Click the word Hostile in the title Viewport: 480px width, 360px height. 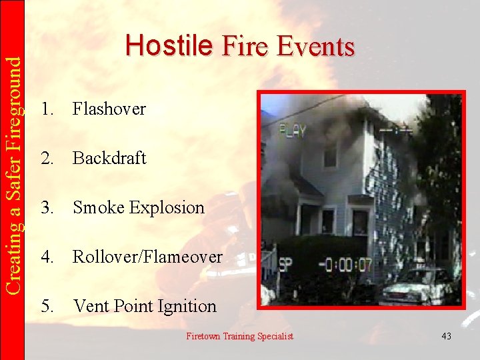pos(168,45)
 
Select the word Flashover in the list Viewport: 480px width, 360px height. pos(109,109)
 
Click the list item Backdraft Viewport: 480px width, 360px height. pos(109,158)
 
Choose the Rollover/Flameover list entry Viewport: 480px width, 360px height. pos(147,257)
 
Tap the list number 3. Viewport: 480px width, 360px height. pos(46,207)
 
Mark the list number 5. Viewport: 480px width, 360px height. pos(46,306)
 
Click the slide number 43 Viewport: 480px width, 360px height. pos(446,336)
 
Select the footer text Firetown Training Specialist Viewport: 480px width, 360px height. pos(239,336)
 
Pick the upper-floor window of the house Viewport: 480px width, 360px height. pos(330,154)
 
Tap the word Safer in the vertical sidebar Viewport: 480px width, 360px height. pos(13,181)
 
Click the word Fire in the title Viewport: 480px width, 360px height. pos(237,47)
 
